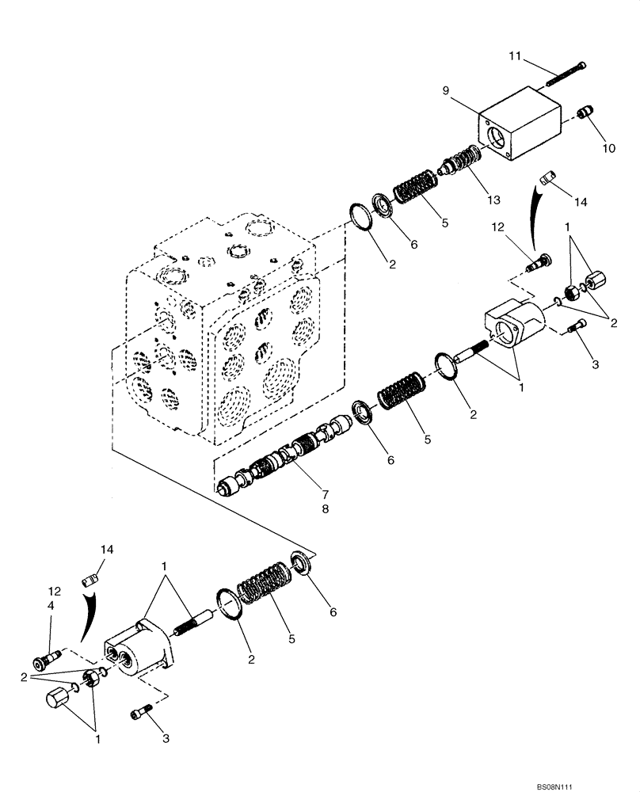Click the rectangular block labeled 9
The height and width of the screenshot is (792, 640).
tap(518, 127)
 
